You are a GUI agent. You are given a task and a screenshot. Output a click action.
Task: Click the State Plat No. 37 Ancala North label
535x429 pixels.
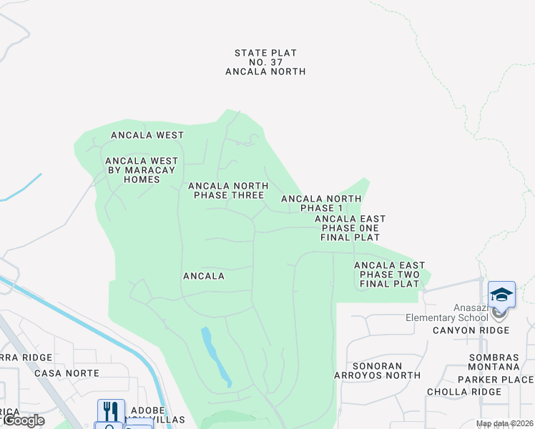pos(265,62)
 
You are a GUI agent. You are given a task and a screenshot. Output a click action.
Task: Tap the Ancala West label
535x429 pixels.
pos(147,135)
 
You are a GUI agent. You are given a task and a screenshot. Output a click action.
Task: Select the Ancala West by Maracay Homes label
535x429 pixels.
pos(142,170)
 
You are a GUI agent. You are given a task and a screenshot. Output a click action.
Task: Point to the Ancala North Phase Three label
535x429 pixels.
pos(227,190)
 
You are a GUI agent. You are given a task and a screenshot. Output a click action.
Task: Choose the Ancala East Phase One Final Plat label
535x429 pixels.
pos(350,228)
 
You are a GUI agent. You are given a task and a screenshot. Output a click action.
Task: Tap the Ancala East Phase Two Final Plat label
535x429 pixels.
pos(389,275)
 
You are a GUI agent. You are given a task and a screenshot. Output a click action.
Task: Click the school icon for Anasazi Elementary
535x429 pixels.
pos(501,295)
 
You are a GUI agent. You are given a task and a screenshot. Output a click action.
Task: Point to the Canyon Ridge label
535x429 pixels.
pos(471,330)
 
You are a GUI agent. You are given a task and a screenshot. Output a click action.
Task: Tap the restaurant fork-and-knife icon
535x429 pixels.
pos(111,410)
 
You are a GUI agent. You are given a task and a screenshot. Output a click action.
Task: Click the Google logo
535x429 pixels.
pos(23,420)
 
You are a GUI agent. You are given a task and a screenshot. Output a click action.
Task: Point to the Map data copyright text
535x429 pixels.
pos(504,424)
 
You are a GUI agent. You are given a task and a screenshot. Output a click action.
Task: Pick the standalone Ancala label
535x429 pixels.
pos(204,276)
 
